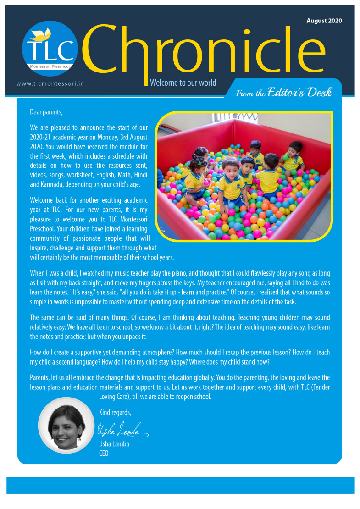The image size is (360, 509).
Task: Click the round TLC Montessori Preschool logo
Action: coord(50,49)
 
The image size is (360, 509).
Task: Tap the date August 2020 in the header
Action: coord(324,21)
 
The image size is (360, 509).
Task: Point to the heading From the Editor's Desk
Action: coord(283,93)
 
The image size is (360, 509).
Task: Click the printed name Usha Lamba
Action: coord(114,443)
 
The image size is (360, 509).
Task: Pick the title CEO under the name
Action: coord(104,453)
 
